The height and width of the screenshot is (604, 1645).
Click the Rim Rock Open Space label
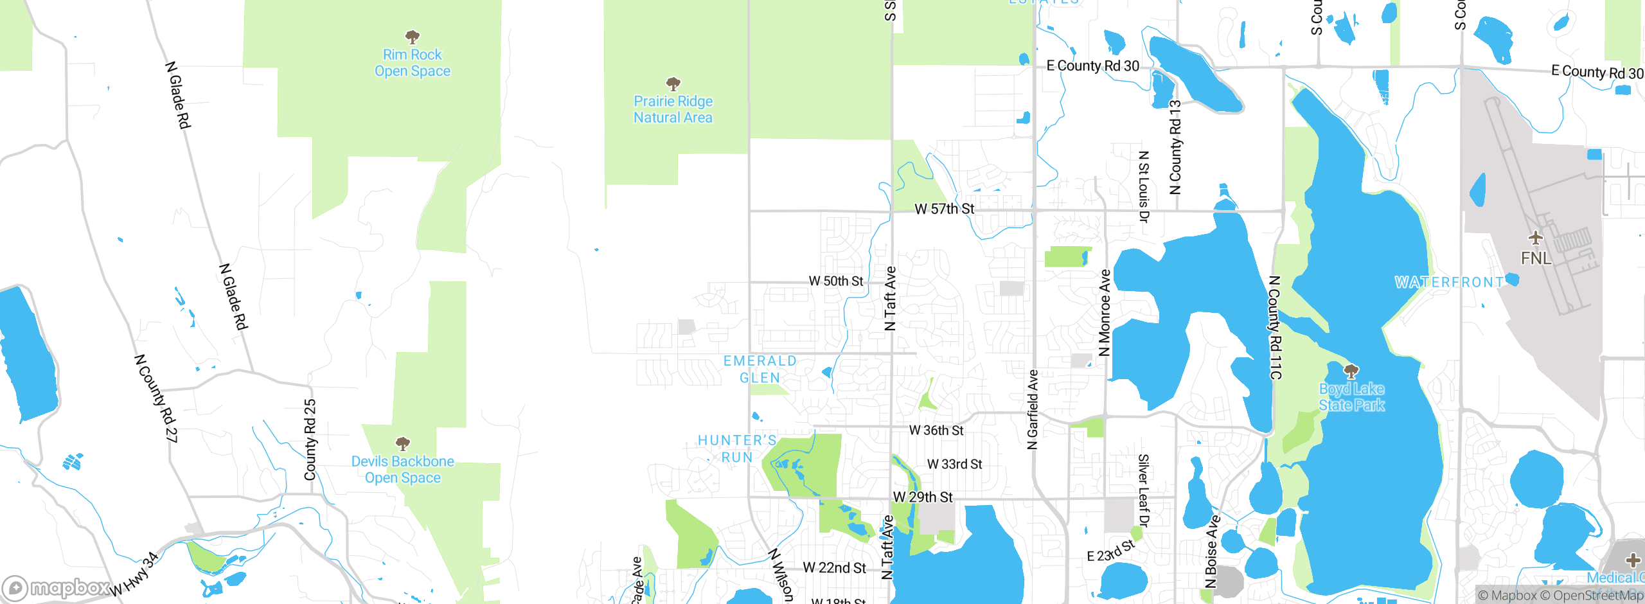pyautogui.click(x=413, y=63)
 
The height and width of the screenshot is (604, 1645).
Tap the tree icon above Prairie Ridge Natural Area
pyautogui.click(x=673, y=84)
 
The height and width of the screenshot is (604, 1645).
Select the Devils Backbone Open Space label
pyautogui.click(x=402, y=470)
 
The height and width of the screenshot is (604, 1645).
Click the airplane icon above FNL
pyautogui.click(x=1535, y=238)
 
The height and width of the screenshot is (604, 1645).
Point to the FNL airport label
pyautogui.click(x=1536, y=258)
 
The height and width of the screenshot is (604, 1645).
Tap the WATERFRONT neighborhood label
pyautogui.click(x=1449, y=282)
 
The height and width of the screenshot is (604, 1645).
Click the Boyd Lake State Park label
pyautogui.click(x=1351, y=397)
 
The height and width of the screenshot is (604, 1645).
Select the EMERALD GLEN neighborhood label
pyautogui.click(x=760, y=369)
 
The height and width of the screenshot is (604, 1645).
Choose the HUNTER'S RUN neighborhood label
pyautogui.click(x=737, y=449)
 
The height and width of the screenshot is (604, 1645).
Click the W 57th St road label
pyautogui.click(x=944, y=209)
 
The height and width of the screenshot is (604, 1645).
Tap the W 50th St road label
pyautogui.click(x=835, y=281)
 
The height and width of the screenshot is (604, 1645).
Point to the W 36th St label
pyautogui.click(x=936, y=431)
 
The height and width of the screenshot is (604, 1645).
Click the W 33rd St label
pyautogui.click(x=954, y=464)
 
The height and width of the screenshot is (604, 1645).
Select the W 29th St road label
pyautogui.click(x=923, y=497)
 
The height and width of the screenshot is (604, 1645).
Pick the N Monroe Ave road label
pyautogui.click(x=1105, y=313)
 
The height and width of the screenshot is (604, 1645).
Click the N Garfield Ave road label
pyautogui.click(x=1033, y=409)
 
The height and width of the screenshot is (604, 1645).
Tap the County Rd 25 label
pyautogui.click(x=310, y=440)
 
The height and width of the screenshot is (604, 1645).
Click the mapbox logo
pyautogui.click(x=57, y=587)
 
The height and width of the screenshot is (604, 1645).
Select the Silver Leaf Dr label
pyautogui.click(x=1143, y=492)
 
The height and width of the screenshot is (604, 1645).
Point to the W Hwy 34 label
pyautogui.click(x=134, y=574)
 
